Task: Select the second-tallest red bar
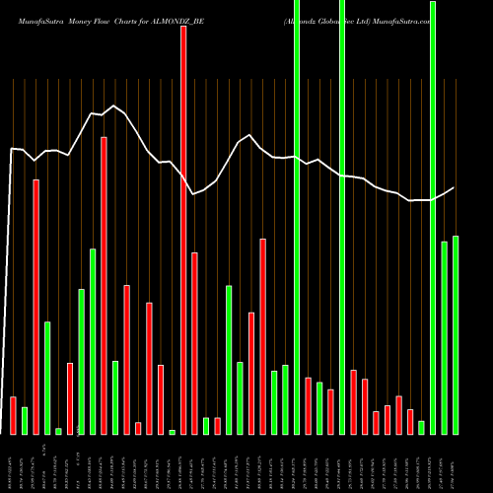click(x=104, y=286)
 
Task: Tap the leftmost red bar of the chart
click(x=13, y=415)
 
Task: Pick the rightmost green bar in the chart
click(x=456, y=335)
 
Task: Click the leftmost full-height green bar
click(x=297, y=217)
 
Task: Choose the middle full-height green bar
click(x=342, y=217)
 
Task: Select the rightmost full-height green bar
click(x=433, y=217)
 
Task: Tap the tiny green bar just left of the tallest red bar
click(x=172, y=432)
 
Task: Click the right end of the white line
click(x=454, y=187)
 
